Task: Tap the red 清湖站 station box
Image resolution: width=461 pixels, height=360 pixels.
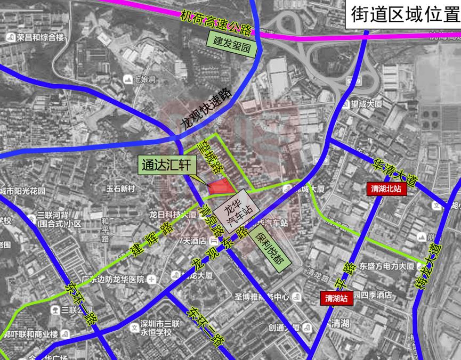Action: tap(338, 299)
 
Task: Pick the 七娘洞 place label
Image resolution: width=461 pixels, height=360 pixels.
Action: tap(140, 80)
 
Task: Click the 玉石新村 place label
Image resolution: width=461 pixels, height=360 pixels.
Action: tap(122, 189)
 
